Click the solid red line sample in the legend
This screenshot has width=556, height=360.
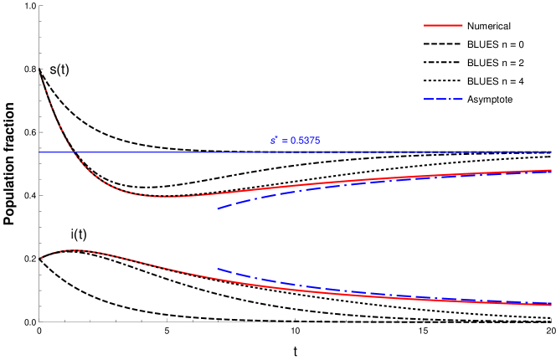point(443,25)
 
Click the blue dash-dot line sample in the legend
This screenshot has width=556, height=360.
point(443,100)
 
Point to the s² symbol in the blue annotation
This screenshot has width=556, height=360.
point(274,140)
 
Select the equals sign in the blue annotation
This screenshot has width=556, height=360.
point(285,141)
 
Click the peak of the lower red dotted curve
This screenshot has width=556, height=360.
point(75,249)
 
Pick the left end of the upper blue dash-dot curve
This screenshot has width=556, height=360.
point(218,208)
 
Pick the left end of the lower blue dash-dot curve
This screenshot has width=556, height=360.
point(218,269)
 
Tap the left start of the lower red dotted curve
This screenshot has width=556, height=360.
point(41,258)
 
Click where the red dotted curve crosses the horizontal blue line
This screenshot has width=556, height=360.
point(71,152)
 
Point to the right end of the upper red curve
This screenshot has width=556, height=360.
point(552,170)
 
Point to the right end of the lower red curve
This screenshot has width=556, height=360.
point(552,305)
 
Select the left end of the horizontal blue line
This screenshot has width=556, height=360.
point(39,152)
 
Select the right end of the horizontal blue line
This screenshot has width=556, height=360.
point(552,152)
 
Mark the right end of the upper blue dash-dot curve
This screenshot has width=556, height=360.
point(552,171)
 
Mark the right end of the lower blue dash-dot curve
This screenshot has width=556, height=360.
point(552,303)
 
